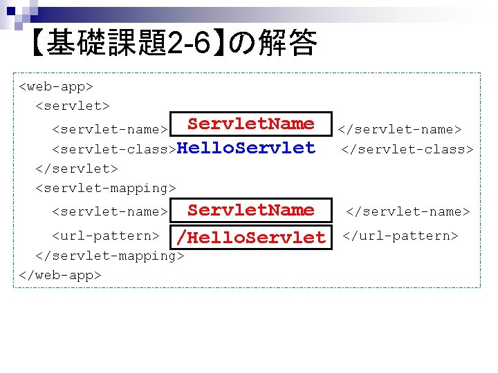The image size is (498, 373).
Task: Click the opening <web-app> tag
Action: pos(56,87)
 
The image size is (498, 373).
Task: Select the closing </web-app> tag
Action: pos(60,275)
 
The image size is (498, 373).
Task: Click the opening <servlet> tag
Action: pos(72,106)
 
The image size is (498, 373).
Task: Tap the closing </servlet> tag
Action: pos(77,168)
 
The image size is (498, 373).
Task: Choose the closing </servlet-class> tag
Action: pos(407,149)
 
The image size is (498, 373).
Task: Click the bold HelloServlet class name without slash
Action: pos(246,148)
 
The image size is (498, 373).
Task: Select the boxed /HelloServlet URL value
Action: pos(250,238)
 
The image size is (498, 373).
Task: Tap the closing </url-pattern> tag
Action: pos(400,236)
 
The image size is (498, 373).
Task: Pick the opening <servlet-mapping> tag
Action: pos(106,187)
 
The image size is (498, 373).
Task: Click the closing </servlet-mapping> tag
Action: pos(109,256)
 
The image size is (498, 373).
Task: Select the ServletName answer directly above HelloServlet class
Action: pos(251,124)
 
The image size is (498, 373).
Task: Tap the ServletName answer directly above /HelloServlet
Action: pos(251,211)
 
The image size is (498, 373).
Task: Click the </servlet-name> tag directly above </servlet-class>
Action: pos(399,129)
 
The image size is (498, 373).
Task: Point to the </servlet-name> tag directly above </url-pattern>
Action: pos(407,211)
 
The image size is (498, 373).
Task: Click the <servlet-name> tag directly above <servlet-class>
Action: pos(109,129)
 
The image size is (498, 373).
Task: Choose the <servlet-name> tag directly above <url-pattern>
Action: pos(109,211)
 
